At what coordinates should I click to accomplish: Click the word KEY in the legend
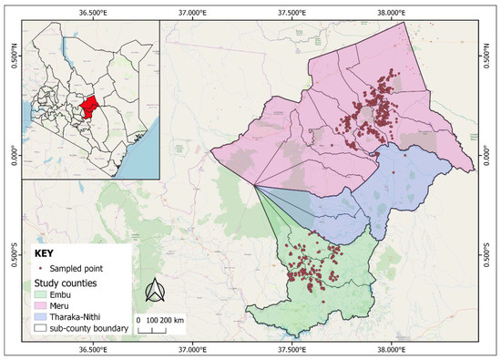(45, 252)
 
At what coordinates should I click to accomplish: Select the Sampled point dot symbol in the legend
(39, 269)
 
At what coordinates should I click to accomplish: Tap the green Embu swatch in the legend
(42, 293)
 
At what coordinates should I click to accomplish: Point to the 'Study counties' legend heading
(67, 282)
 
